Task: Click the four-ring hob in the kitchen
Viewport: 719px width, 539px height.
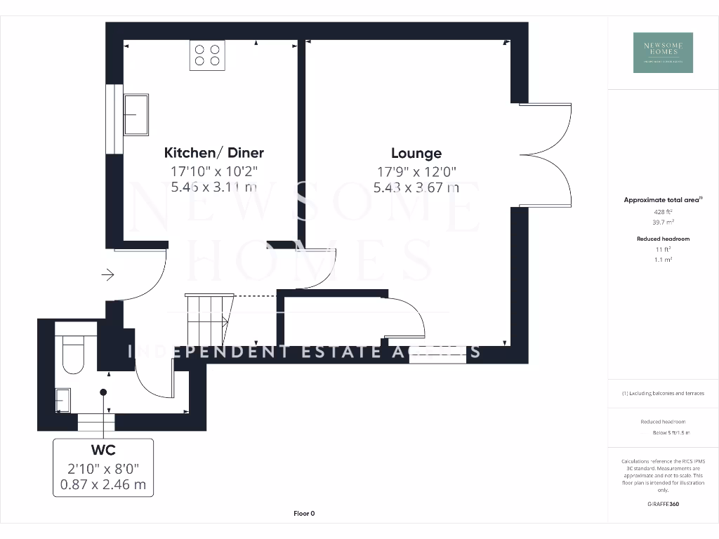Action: tap(207, 55)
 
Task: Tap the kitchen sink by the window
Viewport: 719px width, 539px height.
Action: tap(136, 114)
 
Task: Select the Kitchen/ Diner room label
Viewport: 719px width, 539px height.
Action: tap(213, 152)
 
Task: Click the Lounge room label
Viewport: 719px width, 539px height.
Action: tap(416, 153)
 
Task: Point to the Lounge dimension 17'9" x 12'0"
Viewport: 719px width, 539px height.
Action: tap(416, 171)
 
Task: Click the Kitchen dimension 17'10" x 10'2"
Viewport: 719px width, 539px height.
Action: tap(213, 171)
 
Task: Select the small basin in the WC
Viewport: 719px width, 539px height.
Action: tap(62, 399)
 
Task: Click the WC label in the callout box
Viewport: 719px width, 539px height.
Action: tap(103, 450)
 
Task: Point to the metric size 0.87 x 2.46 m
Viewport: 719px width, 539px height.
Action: tap(103, 484)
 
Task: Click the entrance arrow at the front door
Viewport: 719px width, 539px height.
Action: tap(107, 274)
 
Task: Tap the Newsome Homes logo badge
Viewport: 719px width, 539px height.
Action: tap(663, 53)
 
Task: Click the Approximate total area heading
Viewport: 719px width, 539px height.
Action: tap(663, 200)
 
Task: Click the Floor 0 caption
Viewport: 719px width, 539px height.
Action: tap(304, 513)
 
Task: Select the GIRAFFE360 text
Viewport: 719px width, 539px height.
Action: tap(663, 504)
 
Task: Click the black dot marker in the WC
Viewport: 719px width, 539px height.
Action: tap(103, 392)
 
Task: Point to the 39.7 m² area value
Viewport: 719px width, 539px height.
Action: tap(663, 222)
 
